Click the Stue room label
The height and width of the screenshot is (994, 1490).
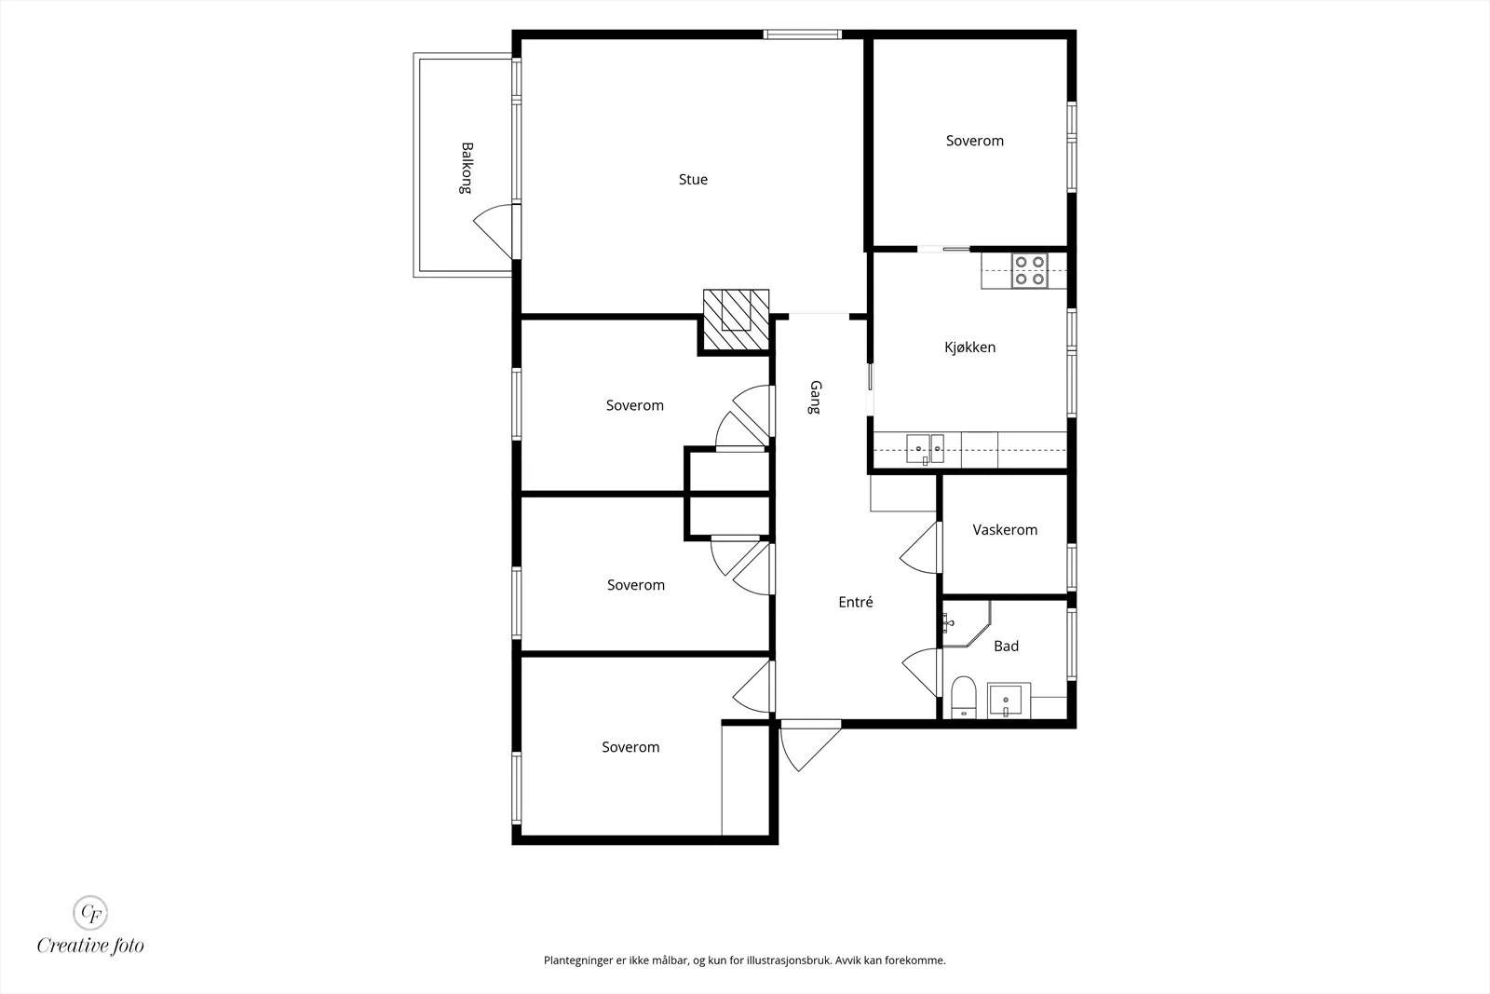click(x=693, y=180)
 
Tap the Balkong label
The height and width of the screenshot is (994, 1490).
click(x=467, y=168)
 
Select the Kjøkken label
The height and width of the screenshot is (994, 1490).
click(x=969, y=347)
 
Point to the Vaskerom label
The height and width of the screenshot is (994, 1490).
click(x=1005, y=530)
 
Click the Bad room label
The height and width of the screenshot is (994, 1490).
click(x=1006, y=646)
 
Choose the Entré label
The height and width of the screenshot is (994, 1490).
click(x=856, y=602)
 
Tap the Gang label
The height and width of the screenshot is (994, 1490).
click(x=816, y=397)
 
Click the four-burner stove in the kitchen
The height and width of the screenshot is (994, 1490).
click(x=1029, y=271)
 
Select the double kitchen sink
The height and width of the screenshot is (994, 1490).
click(x=925, y=449)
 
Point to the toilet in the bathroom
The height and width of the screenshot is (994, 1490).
click(x=963, y=697)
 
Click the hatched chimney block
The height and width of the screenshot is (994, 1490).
click(x=736, y=320)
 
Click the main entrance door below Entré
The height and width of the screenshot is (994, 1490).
click(x=809, y=746)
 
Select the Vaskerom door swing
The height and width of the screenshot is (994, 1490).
click(x=921, y=548)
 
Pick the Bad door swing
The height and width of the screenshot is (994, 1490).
click(x=922, y=672)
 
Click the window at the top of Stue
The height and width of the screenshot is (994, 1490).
click(x=802, y=34)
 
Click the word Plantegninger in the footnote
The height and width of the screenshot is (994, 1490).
click(x=577, y=960)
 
